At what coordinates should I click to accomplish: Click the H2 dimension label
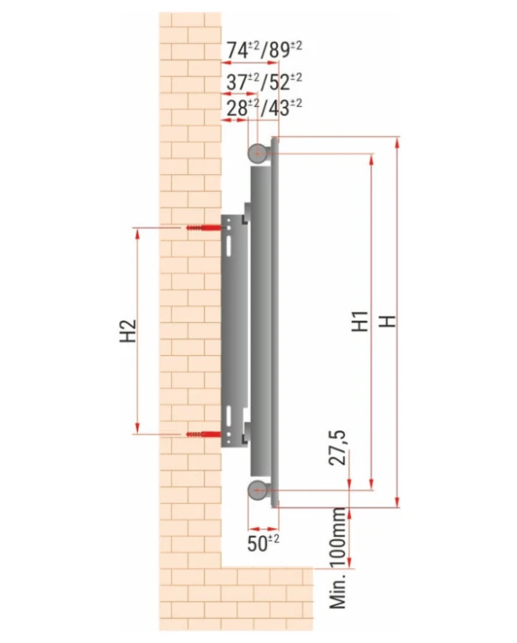pyautogui.click(x=128, y=331)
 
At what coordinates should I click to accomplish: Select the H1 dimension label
pyautogui.click(x=360, y=321)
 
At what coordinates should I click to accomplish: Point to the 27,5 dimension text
pyautogui.click(x=338, y=448)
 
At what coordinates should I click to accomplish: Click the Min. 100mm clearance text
pyautogui.click(x=338, y=558)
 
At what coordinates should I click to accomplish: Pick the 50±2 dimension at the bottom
pyautogui.click(x=263, y=543)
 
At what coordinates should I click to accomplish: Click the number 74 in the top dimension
pyautogui.click(x=237, y=50)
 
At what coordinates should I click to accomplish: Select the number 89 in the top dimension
pyautogui.click(x=280, y=50)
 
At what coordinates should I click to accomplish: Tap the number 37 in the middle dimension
pyautogui.click(x=237, y=82)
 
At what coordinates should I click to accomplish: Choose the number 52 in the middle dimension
pyautogui.click(x=280, y=82)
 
